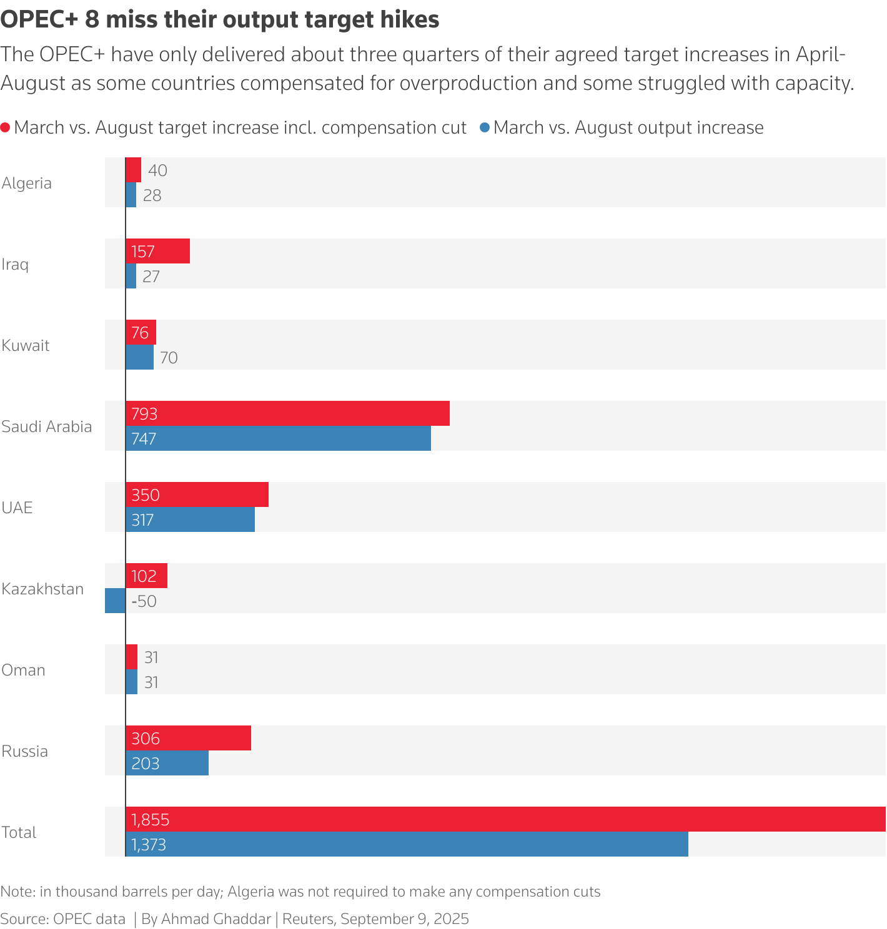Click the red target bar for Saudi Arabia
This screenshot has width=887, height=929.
pyautogui.click(x=287, y=413)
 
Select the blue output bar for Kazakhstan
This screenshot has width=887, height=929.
pyautogui.click(x=115, y=601)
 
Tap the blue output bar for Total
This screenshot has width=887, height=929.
pyautogui.click(x=406, y=844)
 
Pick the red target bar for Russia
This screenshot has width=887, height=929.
pyautogui.click(x=188, y=738)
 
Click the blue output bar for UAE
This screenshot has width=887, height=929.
pyautogui.click(x=190, y=519)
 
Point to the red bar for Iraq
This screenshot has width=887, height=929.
pyautogui.click(x=157, y=251)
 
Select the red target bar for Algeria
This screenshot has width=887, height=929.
pyautogui.click(x=133, y=170)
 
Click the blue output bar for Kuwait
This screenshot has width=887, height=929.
pyautogui.click(x=139, y=357)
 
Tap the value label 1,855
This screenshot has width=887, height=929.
pyautogui.click(x=151, y=820)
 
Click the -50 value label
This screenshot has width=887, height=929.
pyautogui.click(x=144, y=601)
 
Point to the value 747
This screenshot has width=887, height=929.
pyautogui.click(x=144, y=439)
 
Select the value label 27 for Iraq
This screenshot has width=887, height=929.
pyautogui.click(x=151, y=277)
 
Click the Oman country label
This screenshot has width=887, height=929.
pyautogui.click(x=24, y=670)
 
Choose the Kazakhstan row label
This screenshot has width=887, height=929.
pyautogui.click(x=42, y=589)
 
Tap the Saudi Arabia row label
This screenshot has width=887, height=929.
pyautogui.click(x=47, y=426)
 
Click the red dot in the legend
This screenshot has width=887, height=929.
pyautogui.click(x=6, y=128)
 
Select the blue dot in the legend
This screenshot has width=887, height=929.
pyautogui.click(x=485, y=128)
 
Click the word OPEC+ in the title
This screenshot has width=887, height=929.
pyautogui.click(x=39, y=20)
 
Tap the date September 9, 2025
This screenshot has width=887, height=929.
pyautogui.click(x=405, y=919)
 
